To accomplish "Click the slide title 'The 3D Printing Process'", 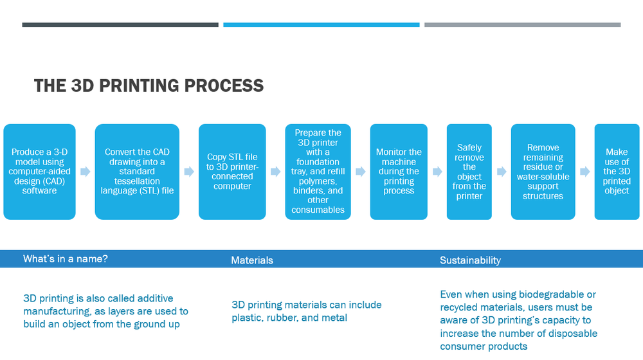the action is tap(149, 85).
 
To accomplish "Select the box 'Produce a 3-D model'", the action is tap(39, 172).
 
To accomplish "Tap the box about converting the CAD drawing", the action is tap(137, 172).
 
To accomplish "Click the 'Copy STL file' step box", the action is tap(232, 172).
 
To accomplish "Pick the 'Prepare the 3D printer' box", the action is tap(318, 172).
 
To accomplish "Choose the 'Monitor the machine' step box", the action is tap(399, 172).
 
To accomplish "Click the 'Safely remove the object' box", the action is tap(469, 172).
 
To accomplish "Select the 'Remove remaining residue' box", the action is tap(543, 172).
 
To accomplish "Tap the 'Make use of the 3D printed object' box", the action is tap(617, 172).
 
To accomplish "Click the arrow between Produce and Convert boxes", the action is tap(86, 172).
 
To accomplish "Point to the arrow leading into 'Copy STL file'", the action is tap(189, 172).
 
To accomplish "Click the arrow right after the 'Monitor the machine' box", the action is tap(437, 172).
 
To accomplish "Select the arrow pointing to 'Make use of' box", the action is tap(584, 172).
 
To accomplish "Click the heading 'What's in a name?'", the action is tap(66, 259).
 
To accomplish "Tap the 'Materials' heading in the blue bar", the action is tap(252, 260).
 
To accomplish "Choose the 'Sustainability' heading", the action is tap(470, 260).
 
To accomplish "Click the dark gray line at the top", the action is tap(120, 25).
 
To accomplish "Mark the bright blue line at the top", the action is tap(321, 25).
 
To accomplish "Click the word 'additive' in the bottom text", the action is tap(156, 298).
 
